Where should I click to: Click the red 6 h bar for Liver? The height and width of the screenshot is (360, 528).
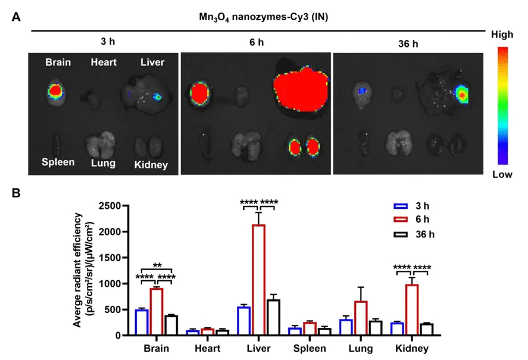pyautogui.click(x=259, y=280)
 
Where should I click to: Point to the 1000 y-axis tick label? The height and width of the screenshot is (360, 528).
pyautogui.click(x=111, y=284)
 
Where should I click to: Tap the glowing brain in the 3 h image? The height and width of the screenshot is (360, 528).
pyautogui.click(x=55, y=91)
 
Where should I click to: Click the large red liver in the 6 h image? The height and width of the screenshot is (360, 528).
pyautogui.click(x=301, y=89)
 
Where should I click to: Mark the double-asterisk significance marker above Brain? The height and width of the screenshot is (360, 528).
pyautogui.click(x=157, y=265)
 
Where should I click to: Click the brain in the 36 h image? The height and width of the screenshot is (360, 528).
pyautogui.click(x=362, y=92)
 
